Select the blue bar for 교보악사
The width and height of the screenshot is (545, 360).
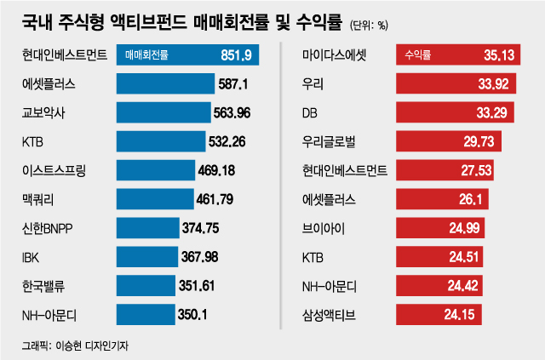(159, 112)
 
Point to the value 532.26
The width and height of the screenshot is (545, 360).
(226, 141)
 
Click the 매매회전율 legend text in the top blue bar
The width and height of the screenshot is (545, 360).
(146, 56)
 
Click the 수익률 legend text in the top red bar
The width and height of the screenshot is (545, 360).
(418, 56)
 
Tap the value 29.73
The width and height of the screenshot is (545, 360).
(477, 141)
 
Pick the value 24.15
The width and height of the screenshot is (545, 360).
(461, 315)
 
